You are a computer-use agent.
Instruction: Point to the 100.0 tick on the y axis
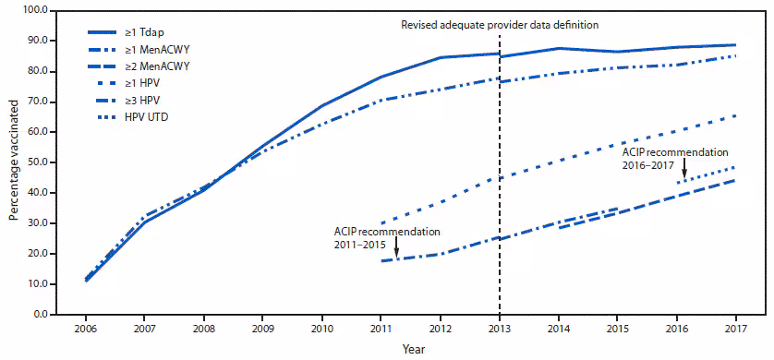34,11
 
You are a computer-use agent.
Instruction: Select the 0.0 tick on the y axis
40,315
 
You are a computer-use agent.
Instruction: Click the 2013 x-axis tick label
500,328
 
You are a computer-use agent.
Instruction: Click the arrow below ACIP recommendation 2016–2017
684,168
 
